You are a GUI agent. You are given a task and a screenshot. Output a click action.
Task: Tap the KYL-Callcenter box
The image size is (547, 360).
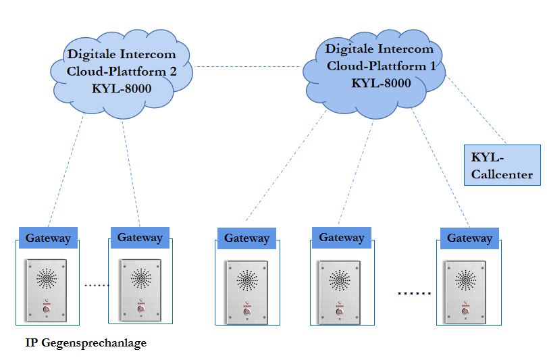click(502, 165)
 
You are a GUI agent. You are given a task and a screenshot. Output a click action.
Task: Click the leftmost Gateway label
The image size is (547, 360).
click(48, 238)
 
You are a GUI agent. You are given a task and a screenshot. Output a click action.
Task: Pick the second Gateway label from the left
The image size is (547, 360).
click(140, 237)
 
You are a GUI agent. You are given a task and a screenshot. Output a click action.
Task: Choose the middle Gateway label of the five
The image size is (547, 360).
click(246, 238)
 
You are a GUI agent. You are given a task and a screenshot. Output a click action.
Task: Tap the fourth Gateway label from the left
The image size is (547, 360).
click(342, 237)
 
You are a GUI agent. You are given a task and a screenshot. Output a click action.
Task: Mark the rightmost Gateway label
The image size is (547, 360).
click(469, 238)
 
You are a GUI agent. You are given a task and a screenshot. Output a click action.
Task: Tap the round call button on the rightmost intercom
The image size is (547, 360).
click(465, 311)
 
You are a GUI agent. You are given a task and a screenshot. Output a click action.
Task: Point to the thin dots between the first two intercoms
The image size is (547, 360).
click(97, 286)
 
